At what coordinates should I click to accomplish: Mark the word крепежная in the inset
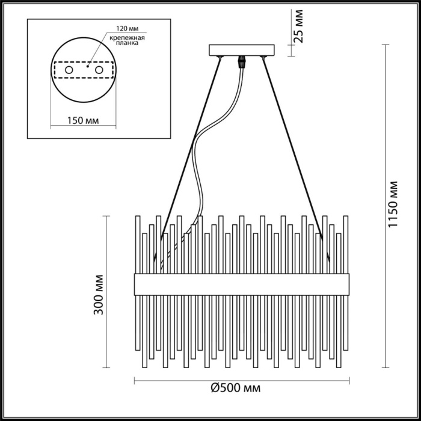tap(124, 37)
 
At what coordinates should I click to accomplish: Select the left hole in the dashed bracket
tap(69, 71)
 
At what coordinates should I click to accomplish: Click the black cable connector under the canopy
tap(244, 61)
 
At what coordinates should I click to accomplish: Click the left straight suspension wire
tap(192, 150)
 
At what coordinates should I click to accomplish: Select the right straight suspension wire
tap(295, 150)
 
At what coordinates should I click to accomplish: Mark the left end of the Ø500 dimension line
tap(134, 380)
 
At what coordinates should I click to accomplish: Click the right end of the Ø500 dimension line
tap(348, 380)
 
